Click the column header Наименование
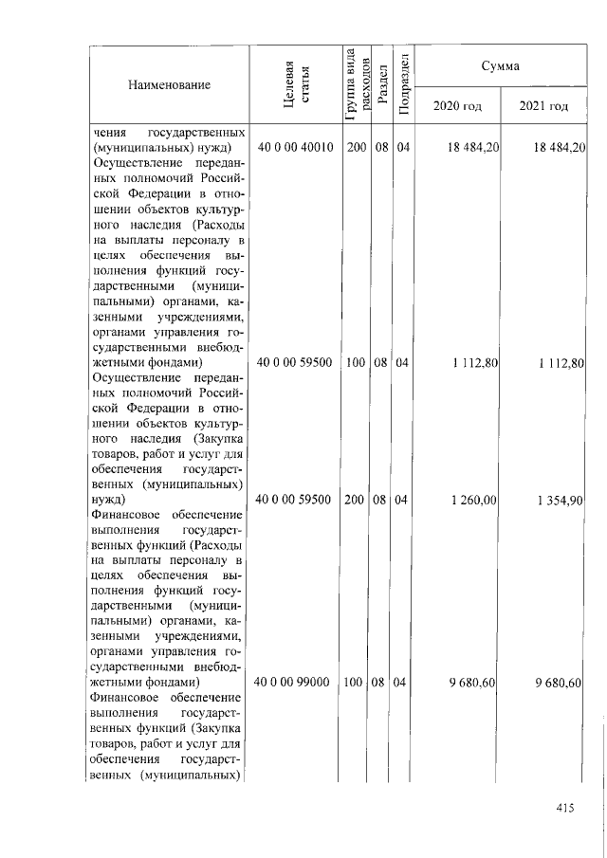tap(168, 85)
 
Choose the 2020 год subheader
tap(457, 105)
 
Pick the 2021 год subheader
tap(543, 105)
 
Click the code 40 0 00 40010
tap(295, 147)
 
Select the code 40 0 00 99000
tap(295, 682)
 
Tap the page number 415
tap(566, 807)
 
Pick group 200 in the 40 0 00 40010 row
tap(357, 147)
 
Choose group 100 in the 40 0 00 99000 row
tap(357, 682)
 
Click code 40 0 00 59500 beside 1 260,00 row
tap(295, 498)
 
